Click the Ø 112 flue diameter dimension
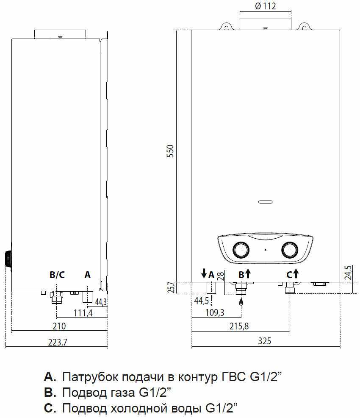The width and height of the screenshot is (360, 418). click(266, 6)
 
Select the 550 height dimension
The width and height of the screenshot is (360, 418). click(170, 151)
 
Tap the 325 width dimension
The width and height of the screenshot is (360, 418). click(264, 341)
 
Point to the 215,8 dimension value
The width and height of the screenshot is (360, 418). click(239, 326)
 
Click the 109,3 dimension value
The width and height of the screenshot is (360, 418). click(215, 312)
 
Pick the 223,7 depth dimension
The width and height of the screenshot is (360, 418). click(58, 342)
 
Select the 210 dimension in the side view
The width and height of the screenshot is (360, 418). click(59, 326)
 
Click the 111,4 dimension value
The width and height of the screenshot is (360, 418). click(83, 313)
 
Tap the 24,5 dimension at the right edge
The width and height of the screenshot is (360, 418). click(349, 273)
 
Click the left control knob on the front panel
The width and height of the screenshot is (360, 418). click(241, 250)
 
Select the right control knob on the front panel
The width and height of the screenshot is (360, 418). click(290, 250)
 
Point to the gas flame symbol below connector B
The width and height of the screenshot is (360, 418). click(241, 301)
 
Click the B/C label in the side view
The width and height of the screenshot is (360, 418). click(57, 275)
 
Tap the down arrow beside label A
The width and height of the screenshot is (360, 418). click(204, 273)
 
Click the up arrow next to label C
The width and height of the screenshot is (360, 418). click(296, 274)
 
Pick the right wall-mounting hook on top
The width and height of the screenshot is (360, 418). click(304, 26)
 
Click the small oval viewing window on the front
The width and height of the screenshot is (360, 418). click(265, 202)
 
